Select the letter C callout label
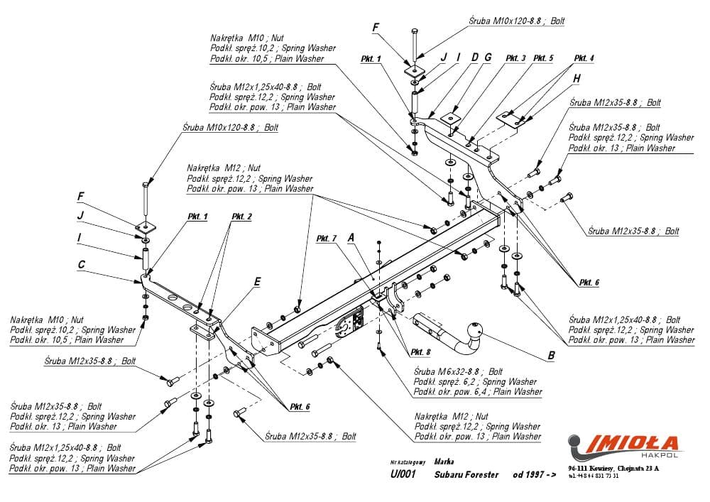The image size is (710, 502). pos(82,264)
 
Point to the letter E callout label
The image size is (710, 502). pos(257,282)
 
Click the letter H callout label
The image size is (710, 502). pos(577,78)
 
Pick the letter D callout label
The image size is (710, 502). pos(474,57)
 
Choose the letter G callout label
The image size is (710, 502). pos(488,57)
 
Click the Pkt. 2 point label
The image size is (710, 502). pos(241,216)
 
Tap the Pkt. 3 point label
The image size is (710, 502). pos(516,58)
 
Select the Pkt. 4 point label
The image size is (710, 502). pos(584,58)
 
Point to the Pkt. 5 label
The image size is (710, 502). pos(543,58)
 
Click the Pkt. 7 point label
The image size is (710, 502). pos(327,239)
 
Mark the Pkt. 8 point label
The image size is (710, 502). pos(420,352)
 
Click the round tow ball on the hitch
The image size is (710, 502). pos(474,328)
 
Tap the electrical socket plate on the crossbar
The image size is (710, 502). pos(351,323)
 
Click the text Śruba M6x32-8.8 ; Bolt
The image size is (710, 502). pos(458,371)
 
